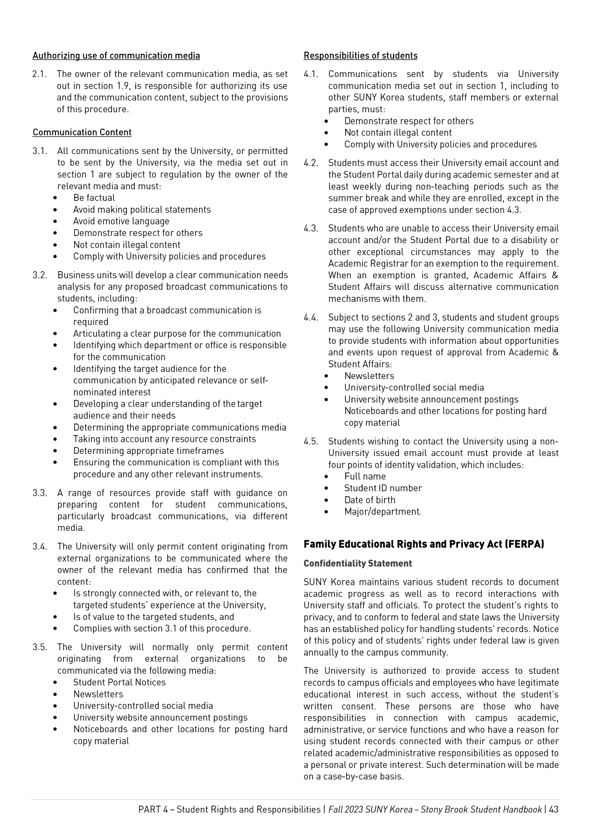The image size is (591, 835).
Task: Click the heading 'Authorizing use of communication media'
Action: click(116, 56)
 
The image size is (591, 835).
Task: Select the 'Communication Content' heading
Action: click(82, 133)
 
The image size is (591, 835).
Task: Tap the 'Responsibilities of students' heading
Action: click(360, 56)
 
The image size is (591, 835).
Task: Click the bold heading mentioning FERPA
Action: click(423, 544)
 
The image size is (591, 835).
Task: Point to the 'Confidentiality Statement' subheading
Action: click(357, 563)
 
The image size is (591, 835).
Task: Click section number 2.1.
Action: click(39, 74)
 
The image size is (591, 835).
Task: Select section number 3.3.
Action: click(40, 493)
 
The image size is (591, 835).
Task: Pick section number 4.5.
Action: click(311, 441)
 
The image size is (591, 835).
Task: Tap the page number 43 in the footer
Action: click(553, 809)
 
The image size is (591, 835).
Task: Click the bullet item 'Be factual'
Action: click(94, 198)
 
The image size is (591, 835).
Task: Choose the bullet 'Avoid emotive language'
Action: click(121, 221)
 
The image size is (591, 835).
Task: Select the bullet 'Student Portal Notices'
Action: click(119, 682)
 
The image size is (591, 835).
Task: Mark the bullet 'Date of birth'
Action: click(369, 500)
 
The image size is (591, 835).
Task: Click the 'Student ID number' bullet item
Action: click(383, 488)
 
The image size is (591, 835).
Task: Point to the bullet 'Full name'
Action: click(364, 476)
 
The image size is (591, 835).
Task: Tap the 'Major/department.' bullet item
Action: click(382, 512)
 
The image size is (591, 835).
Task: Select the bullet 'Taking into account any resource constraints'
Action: click(164, 439)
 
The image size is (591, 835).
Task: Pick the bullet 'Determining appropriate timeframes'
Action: click(148, 451)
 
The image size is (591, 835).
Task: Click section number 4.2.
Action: click(311, 163)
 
